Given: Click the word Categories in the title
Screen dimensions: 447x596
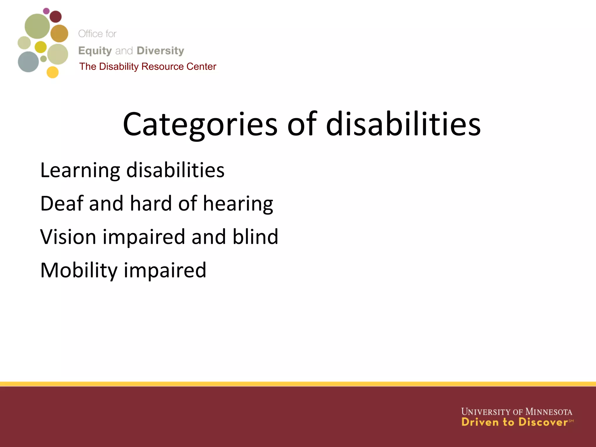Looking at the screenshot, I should [x=200, y=125].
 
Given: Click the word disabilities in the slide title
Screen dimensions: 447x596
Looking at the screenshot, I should [x=403, y=125].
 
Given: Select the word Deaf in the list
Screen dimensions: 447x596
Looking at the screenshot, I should [x=62, y=203].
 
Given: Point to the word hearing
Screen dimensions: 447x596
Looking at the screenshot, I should [x=238, y=204].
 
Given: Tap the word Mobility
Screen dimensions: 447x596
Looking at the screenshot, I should [x=79, y=271].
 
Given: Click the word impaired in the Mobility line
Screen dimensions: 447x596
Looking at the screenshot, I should [x=165, y=271].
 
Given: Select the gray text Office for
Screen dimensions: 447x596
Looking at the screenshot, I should [x=97, y=34].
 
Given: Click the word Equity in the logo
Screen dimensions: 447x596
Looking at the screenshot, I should [x=95, y=51].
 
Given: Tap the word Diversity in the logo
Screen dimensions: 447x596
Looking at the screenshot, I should [x=160, y=51].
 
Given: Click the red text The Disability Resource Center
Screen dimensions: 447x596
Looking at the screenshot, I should [x=148, y=67].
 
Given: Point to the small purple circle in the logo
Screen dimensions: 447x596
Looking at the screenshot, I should [x=46, y=11].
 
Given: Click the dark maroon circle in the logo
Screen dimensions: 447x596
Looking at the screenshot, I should [x=56, y=17].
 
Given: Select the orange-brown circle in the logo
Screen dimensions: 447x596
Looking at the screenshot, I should [x=59, y=33].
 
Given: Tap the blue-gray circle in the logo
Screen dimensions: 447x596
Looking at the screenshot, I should [x=28, y=62].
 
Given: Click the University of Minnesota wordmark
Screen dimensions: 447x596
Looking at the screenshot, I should [x=517, y=412].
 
